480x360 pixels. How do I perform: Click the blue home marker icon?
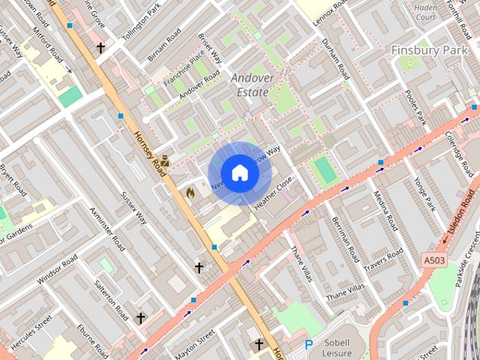[239, 173]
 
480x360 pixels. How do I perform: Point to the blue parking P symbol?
[308, 345]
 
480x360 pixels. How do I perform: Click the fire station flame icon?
[190, 193]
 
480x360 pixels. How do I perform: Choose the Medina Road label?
[384, 211]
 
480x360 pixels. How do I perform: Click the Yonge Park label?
[424, 194]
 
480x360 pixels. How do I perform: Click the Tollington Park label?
[142, 22]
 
